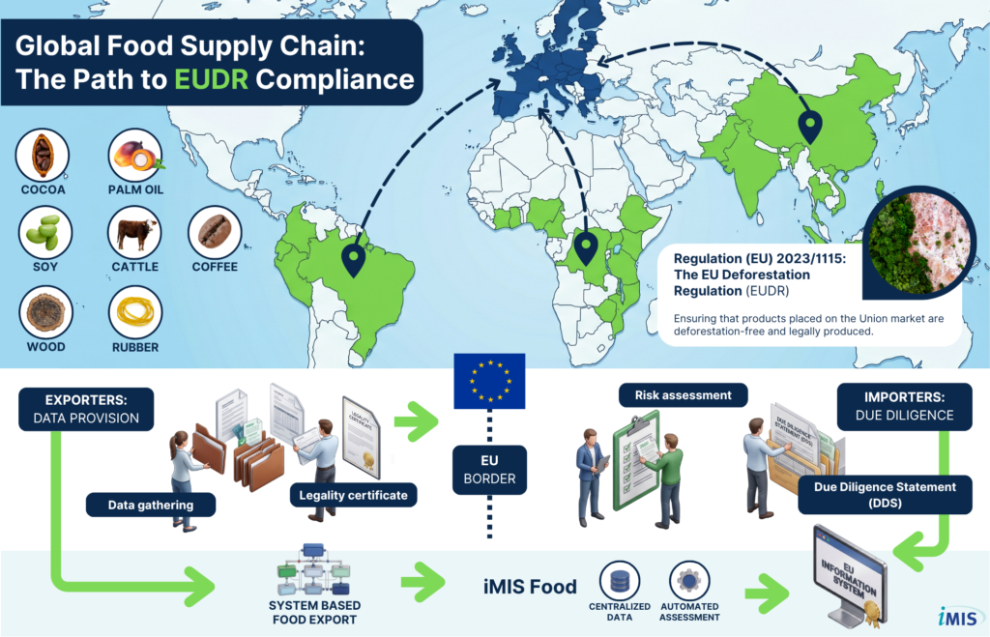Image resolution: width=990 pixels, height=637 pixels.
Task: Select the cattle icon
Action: [x=135, y=233]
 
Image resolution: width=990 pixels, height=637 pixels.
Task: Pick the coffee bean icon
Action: [x=214, y=233]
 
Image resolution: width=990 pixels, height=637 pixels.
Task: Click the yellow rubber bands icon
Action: [x=135, y=311]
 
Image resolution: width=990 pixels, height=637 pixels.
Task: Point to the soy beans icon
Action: [x=43, y=233]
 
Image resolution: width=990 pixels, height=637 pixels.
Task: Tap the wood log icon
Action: [x=43, y=311]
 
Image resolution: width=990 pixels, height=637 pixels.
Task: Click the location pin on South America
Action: [x=355, y=258]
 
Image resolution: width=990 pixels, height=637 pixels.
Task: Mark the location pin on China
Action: [x=809, y=126]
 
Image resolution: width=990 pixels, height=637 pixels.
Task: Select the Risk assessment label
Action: [x=683, y=394]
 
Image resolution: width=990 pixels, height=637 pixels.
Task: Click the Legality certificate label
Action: [x=353, y=496]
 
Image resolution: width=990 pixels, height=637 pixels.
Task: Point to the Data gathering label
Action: [x=150, y=505]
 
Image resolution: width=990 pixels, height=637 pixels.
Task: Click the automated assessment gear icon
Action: [x=687, y=582]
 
